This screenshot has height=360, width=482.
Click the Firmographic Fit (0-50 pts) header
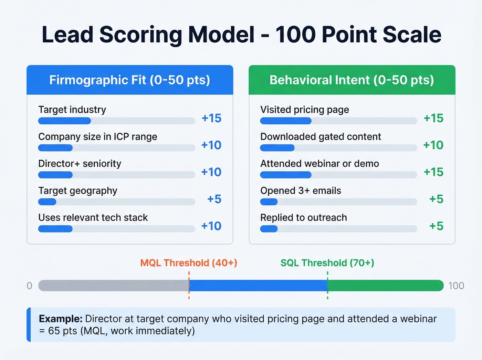click(x=129, y=80)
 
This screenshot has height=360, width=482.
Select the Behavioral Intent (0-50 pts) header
click(x=352, y=80)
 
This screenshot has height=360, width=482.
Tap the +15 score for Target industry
click(x=211, y=118)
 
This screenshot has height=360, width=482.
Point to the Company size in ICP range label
click(x=98, y=137)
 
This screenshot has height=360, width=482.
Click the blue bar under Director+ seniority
click(x=55, y=175)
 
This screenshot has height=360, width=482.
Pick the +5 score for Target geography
click(x=214, y=199)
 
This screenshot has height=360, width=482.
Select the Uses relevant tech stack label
click(x=93, y=218)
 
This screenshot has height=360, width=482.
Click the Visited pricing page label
click(x=305, y=110)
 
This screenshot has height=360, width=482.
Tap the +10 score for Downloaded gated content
click(x=433, y=145)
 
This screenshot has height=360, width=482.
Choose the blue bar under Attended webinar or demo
click(x=286, y=175)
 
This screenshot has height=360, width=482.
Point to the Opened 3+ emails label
click(x=301, y=191)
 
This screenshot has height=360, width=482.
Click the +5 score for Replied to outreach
click(x=436, y=226)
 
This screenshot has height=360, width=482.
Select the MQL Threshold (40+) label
click(x=189, y=263)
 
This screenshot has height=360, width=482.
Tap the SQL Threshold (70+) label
click(x=327, y=263)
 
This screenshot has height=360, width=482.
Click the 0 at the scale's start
click(x=30, y=286)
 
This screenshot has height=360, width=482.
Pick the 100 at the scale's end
click(x=456, y=286)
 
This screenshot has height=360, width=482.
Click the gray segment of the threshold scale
click(x=114, y=286)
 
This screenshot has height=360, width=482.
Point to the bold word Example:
click(x=61, y=319)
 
